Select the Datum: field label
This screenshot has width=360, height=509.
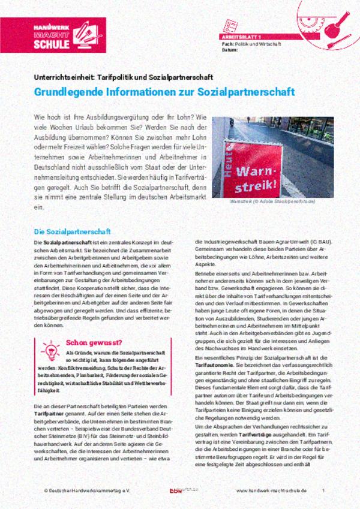click(229, 50)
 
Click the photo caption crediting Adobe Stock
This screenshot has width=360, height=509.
click(281, 203)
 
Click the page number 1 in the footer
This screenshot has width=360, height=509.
click(323, 491)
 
